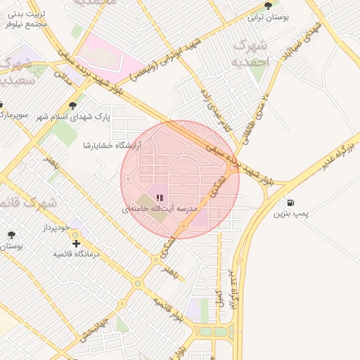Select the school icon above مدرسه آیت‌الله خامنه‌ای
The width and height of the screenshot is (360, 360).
pyautogui.click(x=160, y=198)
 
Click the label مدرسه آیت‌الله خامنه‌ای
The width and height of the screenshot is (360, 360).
pyautogui.click(x=160, y=210)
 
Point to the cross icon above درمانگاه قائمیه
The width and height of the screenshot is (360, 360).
pyautogui.click(x=77, y=243)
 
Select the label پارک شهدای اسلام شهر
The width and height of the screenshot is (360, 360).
pyautogui.click(x=75, y=116)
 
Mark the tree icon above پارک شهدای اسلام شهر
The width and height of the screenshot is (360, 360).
pyautogui.click(x=73, y=105)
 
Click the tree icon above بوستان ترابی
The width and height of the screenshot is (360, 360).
pyautogui.click(x=267, y=6)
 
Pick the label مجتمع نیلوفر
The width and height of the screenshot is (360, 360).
pyautogui.click(x=25, y=24)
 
